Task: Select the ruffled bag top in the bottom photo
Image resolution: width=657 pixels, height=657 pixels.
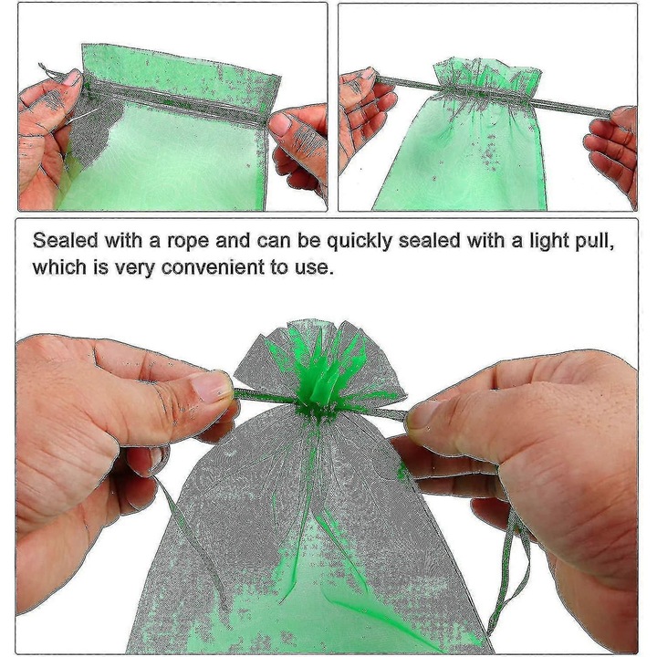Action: click(315, 356)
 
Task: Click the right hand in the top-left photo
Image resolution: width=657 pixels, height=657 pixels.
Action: click(301, 146)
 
